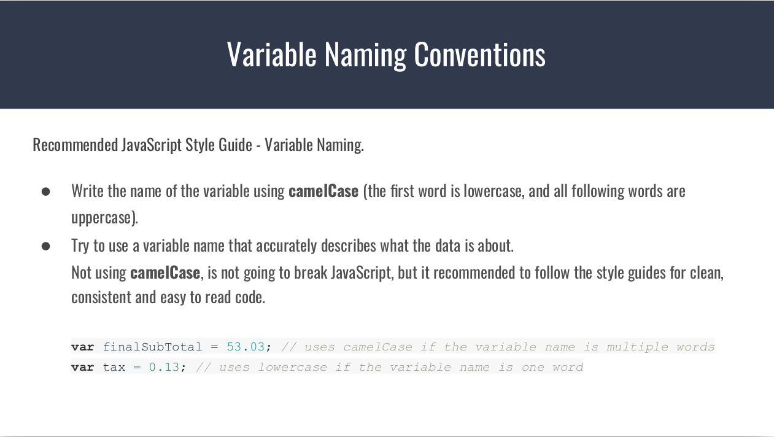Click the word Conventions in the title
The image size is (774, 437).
pyautogui.click(x=479, y=54)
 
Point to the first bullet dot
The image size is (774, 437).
pyautogui.click(x=45, y=191)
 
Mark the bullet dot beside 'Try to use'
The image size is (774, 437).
pyautogui.click(x=45, y=246)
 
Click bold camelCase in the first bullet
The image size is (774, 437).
pyautogui.click(x=323, y=191)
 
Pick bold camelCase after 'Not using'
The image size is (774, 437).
pyautogui.click(x=165, y=273)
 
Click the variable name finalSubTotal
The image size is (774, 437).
pyautogui.click(x=152, y=347)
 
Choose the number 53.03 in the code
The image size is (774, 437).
pyautogui.click(x=246, y=347)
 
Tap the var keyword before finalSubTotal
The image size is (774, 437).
pyautogui.click(x=82, y=347)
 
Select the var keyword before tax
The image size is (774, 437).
pyautogui.click(x=82, y=367)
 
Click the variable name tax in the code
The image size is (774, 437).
pyautogui.click(x=114, y=367)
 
